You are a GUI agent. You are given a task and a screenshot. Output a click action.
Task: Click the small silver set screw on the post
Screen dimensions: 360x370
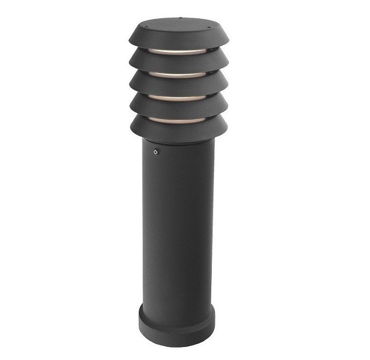tap(155, 152)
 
